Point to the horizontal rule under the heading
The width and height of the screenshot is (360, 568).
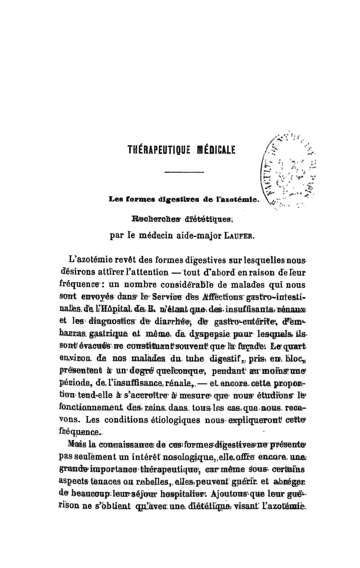(x=180, y=172)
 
